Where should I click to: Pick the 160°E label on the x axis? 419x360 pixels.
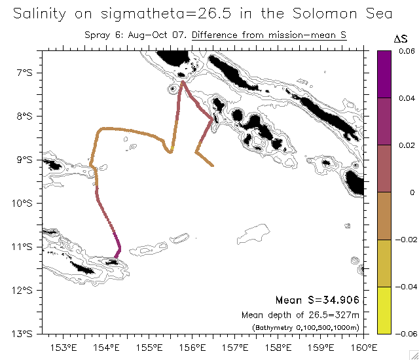pyautogui.click(x=364, y=347)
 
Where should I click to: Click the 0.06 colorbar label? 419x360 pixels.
pyautogui.click(x=407, y=50)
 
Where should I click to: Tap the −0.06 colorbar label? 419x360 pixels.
pyautogui.click(x=405, y=334)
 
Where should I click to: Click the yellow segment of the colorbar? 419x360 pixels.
pyautogui.click(x=385, y=310)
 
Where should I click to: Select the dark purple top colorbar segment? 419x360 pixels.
pyautogui.click(x=385, y=74)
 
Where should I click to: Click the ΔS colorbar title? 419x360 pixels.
pyautogui.click(x=400, y=39)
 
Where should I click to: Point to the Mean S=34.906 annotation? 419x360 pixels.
pyautogui.click(x=317, y=300)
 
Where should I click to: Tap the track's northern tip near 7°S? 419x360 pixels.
pyautogui.click(x=183, y=82)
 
